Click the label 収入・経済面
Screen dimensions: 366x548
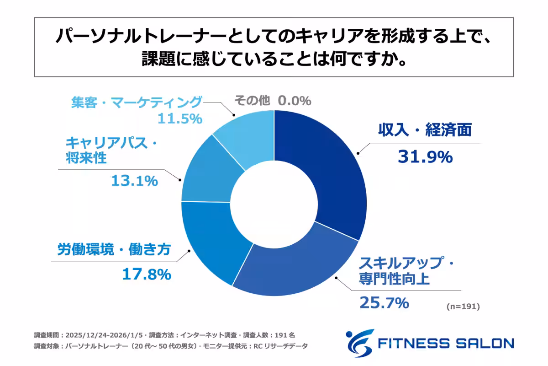(x=424, y=131)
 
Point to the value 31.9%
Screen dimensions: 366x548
(x=425, y=157)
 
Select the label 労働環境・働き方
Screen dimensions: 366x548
(x=114, y=250)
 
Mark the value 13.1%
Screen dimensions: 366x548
(x=134, y=181)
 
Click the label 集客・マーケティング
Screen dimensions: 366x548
(x=136, y=102)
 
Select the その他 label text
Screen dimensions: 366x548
(x=252, y=101)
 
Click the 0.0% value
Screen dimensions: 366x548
(x=294, y=101)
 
